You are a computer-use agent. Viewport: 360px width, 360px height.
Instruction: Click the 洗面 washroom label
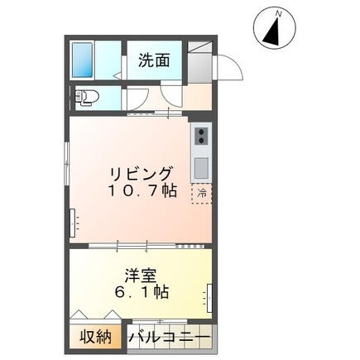point(154,60)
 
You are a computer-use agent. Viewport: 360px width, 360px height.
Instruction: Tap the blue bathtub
point(82,60)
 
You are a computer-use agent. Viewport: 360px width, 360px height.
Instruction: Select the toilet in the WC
point(84,98)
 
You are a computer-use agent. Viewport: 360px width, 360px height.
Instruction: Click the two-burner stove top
point(201,136)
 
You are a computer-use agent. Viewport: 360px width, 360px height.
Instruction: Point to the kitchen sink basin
point(201,168)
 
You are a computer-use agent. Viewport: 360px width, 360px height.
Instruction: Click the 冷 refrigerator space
point(202,194)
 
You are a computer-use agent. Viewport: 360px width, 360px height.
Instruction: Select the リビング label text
point(142,174)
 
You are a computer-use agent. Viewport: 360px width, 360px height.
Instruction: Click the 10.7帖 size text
point(142,190)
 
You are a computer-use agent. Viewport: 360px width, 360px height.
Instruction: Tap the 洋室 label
point(141,276)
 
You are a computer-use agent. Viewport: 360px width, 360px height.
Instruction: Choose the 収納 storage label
point(95,337)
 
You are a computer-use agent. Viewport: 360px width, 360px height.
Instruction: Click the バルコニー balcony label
point(170,337)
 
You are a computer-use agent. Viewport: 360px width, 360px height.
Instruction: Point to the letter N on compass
point(279,14)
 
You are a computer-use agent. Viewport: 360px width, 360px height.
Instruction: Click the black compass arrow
point(273,31)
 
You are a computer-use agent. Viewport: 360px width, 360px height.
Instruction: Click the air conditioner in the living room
point(74,223)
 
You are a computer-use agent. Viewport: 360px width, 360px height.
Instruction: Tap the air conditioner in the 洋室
point(209,298)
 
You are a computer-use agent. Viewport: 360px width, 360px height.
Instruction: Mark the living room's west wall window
point(66,163)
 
